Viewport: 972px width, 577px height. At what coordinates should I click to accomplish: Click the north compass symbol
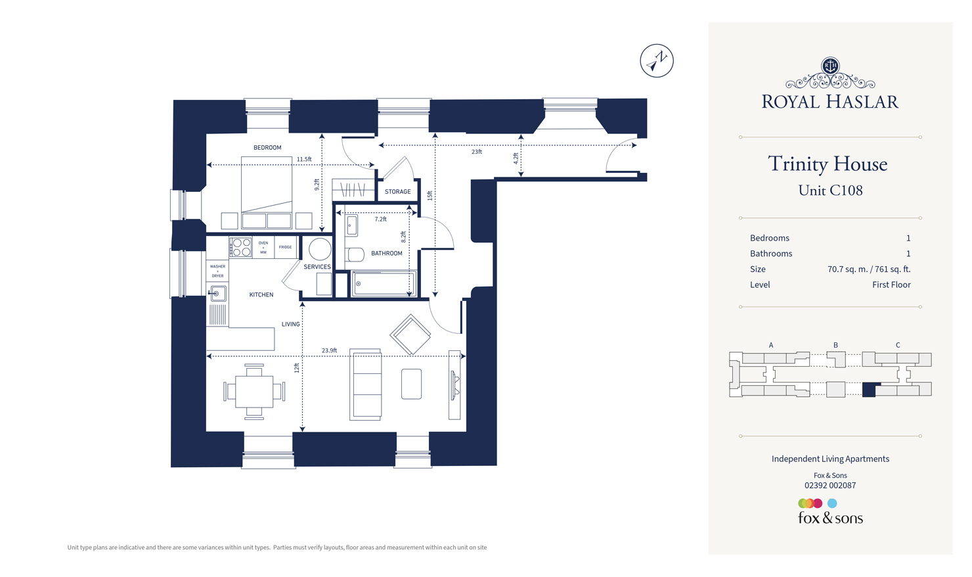point(656,61)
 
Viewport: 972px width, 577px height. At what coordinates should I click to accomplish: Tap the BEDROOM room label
point(267,147)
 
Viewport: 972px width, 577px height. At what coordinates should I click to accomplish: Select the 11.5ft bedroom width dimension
point(304,159)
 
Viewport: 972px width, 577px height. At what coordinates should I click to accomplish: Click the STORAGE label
point(397,192)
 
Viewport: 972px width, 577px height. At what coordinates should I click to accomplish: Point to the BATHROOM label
point(386,253)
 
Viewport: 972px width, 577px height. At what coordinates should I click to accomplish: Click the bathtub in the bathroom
point(384,284)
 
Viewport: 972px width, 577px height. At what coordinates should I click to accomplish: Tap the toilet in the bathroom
point(355,254)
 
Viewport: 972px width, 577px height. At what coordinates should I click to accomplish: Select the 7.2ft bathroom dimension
point(380,219)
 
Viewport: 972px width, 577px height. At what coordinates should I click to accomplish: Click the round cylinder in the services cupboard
point(320,249)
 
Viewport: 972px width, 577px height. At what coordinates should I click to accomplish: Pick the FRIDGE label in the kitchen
point(285,247)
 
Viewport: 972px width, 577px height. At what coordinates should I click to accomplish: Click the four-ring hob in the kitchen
point(241,247)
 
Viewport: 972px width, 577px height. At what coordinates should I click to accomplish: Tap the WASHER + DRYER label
point(217,271)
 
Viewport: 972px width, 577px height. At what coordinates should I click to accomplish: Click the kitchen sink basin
point(219,293)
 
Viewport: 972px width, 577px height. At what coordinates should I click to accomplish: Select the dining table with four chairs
point(254,392)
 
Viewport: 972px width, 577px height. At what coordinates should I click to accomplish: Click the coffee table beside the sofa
point(411,384)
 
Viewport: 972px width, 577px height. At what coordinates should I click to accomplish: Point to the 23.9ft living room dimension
point(329,350)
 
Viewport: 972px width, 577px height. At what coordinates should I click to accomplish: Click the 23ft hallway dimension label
point(476,152)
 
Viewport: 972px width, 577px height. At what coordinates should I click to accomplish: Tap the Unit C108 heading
point(830,191)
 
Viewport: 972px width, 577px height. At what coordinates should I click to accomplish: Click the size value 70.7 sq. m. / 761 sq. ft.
point(868,269)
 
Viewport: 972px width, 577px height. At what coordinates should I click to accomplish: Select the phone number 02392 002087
point(830,486)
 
